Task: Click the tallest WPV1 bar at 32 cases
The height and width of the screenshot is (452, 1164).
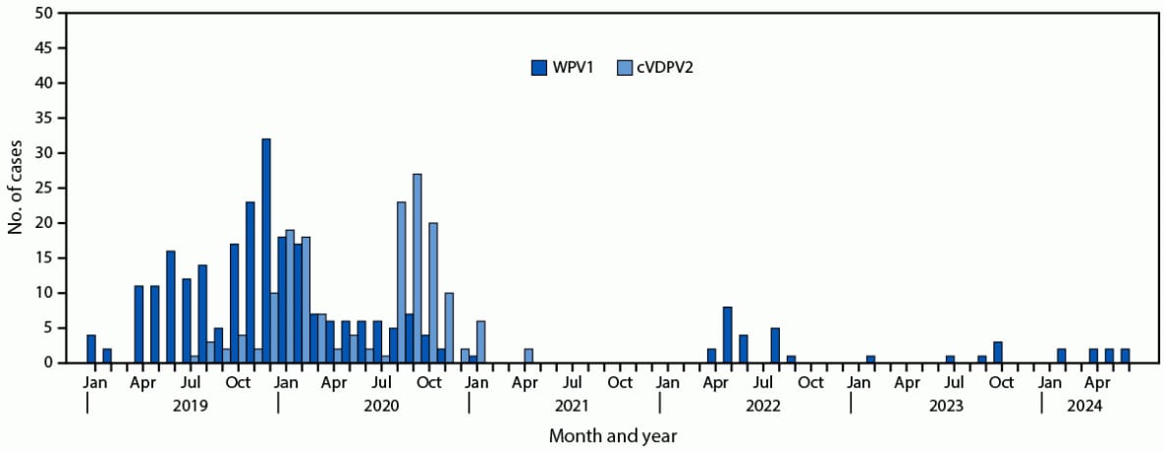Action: tap(266, 251)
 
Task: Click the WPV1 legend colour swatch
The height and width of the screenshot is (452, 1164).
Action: tap(539, 68)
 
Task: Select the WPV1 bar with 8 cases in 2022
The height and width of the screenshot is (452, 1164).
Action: tap(728, 335)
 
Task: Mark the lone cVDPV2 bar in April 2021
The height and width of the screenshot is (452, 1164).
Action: tap(528, 356)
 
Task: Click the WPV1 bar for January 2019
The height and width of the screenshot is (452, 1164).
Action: tap(91, 349)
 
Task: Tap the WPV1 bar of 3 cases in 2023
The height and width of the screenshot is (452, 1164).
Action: tap(998, 352)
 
